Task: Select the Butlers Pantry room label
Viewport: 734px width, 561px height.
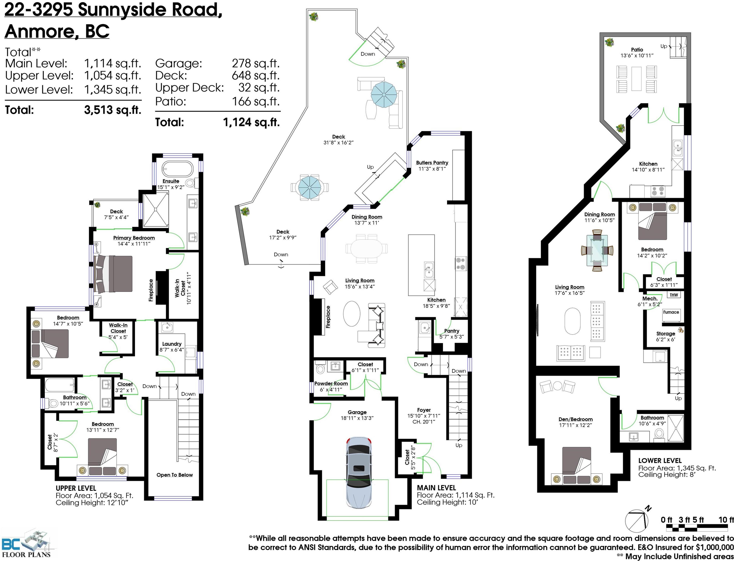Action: coord(432,163)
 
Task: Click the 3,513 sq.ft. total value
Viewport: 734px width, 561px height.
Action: coord(112,110)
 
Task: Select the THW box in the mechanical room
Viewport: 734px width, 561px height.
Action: coord(674,295)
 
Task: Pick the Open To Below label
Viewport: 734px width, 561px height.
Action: coord(175,475)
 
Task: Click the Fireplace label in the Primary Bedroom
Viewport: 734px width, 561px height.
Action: coord(151,290)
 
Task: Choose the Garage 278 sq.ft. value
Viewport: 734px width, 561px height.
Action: coord(256,63)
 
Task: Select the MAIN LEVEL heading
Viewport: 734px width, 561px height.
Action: coord(436,488)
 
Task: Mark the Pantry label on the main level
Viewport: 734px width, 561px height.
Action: coord(452,331)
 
